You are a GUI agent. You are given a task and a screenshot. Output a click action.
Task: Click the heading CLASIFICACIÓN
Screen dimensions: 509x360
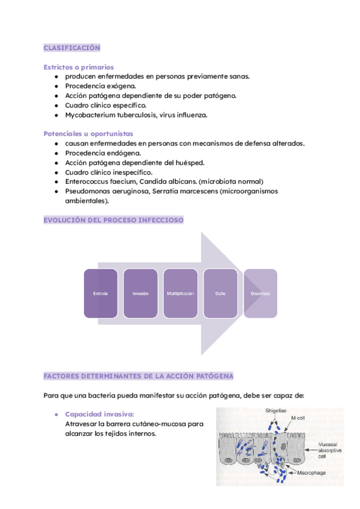(72, 48)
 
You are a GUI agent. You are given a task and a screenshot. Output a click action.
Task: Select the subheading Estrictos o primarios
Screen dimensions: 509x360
(79, 67)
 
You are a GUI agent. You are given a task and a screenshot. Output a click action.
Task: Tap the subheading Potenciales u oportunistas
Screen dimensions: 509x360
(88, 133)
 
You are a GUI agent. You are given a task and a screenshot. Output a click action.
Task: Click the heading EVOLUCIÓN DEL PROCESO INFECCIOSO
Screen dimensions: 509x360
(113, 220)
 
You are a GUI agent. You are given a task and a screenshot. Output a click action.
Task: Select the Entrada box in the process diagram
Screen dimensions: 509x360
(101, 294)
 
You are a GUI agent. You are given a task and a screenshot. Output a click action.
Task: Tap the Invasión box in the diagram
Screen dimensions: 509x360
(140, 294)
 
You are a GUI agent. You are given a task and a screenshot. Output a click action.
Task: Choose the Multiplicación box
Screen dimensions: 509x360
(181, 294)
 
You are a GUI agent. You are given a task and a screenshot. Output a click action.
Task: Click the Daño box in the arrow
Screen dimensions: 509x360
(220, 294)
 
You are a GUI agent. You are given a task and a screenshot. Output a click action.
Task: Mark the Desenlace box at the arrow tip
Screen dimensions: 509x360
(260, 294)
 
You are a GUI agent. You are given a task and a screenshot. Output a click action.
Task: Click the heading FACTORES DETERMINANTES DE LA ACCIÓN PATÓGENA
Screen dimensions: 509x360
(139, 376)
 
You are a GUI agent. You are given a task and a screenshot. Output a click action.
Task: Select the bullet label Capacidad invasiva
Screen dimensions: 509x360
(99, 414)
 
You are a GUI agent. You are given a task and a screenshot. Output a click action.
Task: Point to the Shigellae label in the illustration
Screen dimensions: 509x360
(276, 411)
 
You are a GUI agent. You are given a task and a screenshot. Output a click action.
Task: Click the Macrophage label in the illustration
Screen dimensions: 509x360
(313, 473)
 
